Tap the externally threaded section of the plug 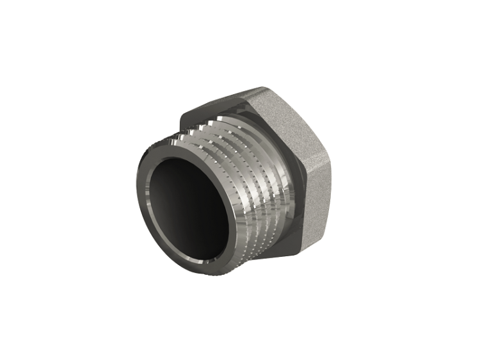(x=250, y=192)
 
